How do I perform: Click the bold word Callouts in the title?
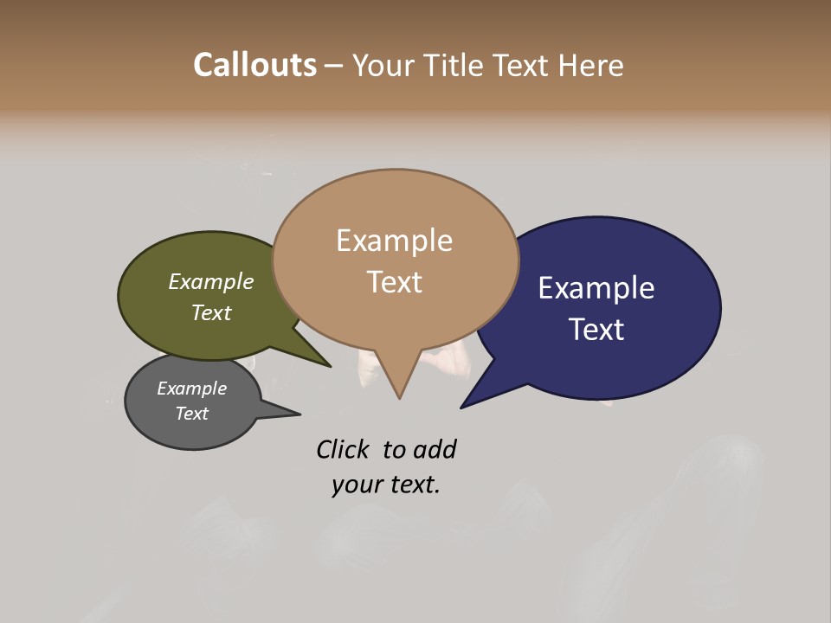pos(254,65)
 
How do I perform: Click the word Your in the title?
pos(384,65)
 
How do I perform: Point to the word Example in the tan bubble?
pos(394,241)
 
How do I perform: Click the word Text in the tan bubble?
pos(394,282)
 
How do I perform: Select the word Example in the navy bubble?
pos(596,288)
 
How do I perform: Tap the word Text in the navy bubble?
pos(596,330)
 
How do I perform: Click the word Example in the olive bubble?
pos(210,282)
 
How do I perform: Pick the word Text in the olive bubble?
pos(210,312)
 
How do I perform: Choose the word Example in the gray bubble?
pos(191,389)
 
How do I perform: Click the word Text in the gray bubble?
pos(191,414)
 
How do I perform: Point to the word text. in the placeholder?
pos(411,485)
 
